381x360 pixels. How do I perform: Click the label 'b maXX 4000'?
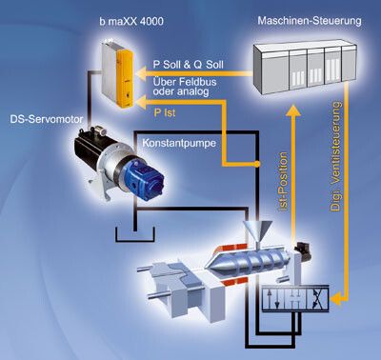(131, 21)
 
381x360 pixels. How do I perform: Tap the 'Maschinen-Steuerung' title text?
(310, 21)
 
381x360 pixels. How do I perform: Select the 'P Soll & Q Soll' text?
(189, 65)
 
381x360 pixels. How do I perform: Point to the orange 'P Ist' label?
(165, 113)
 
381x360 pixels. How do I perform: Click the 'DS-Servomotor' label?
(47, 119)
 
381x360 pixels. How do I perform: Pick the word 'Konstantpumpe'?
(179, 143)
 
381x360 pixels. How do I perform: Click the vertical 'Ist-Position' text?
(283, 181)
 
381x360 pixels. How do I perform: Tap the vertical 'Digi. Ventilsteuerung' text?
(336, 156)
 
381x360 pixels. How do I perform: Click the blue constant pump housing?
(146, 181)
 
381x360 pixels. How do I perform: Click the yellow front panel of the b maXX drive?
(124, 78)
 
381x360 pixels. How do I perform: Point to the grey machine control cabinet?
(305, 68)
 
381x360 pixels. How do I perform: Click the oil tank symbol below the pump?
(135, 235)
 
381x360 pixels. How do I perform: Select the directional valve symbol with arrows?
(295, 298)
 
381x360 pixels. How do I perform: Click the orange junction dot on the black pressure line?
(257, 164)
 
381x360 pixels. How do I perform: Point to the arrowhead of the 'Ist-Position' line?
(293, 110)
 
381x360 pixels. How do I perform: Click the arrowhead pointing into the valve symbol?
(336, 298)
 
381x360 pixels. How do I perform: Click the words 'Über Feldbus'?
(185, 82)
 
